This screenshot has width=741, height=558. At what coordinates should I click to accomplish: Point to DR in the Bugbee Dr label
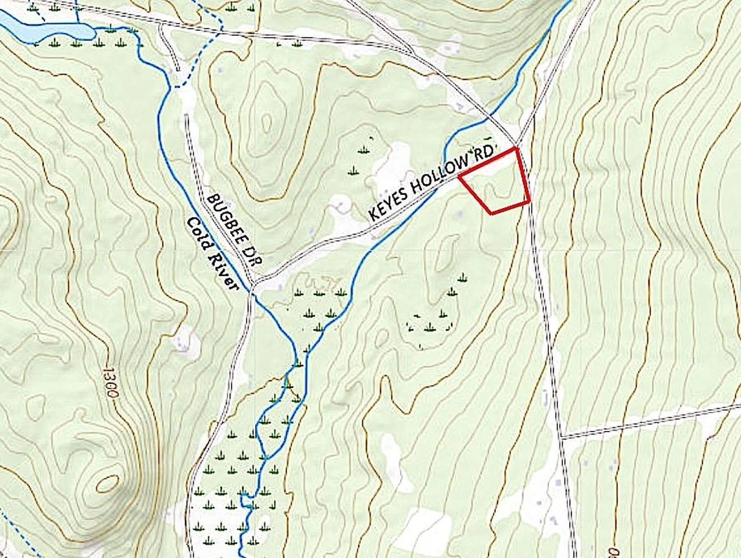tap(253, 256)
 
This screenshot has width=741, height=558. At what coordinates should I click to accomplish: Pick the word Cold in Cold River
tap(199, 234)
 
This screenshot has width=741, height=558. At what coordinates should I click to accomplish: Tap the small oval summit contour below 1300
tap(108, 484)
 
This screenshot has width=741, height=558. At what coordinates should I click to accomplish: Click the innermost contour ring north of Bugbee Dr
tap(267, 122)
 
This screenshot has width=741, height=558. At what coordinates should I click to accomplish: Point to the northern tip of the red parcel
tap(516, 148)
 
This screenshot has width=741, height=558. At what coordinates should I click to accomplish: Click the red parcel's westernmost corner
tap(459, 177)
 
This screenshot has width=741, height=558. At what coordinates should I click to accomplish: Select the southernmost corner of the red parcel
tap(491, 213)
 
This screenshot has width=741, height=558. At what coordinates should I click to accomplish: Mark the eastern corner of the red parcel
tap(530, 201)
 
